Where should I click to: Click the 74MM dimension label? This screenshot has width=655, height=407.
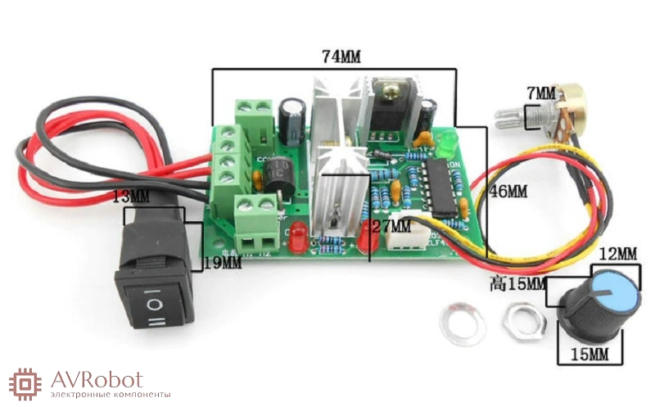tap(341, 57)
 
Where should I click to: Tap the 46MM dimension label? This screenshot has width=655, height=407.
tap(507, 192)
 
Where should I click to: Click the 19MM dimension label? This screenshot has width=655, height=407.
tap(223, 263)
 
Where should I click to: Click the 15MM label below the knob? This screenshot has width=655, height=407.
tap(587, 355)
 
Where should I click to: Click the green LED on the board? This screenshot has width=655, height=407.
tap(448, 145)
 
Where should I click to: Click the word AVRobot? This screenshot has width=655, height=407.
tap(97, 379)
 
